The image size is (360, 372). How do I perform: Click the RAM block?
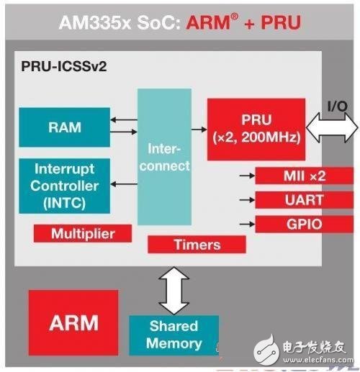tap(65, 127)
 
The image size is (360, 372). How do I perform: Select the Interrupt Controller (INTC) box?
tap(65, 186)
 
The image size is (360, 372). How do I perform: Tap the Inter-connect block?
tap(164, 157)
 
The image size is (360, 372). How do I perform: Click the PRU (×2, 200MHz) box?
tap(256, 130)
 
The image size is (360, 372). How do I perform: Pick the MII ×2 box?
tap(304, 176)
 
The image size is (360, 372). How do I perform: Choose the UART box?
tap(304, 200)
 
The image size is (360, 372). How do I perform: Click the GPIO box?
tap(304, 224)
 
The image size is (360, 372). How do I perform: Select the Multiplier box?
tap(83, 233)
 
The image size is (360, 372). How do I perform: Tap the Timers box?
tap(197, 245)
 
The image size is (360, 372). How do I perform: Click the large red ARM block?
tap(73, 323)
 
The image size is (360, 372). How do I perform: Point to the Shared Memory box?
tap(174, 335)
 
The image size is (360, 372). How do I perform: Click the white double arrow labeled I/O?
tap(333, 127)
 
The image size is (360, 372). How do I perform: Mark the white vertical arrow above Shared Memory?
tap(174, 291)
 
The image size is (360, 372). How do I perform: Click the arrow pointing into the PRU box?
tap(199, 130)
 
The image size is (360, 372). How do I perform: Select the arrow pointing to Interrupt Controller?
tap(124, 184)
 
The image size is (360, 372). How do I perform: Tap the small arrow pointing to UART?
tap(247, 199)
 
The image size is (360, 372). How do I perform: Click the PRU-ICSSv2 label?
tap(64, 66)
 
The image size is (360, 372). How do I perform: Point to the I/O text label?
tap(338, 106)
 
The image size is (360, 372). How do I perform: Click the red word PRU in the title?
tap(281, 22)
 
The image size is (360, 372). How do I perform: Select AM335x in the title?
tap(95, 22)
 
